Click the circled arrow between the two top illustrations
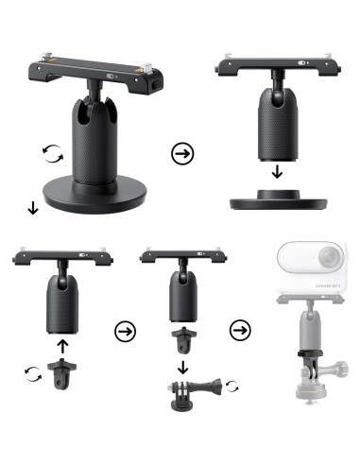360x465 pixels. tap(180, 152)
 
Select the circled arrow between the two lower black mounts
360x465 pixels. tap(124, 331)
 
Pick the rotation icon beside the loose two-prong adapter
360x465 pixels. tap(33, 375)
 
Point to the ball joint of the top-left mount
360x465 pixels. tap(94, 93)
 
